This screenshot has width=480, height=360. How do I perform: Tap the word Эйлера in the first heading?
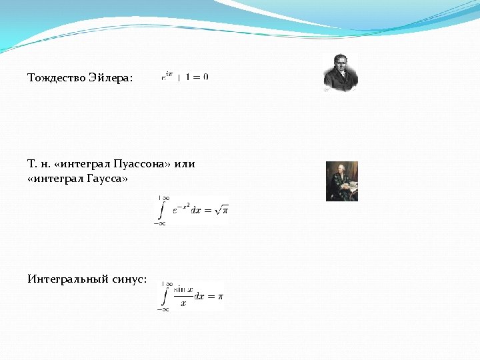click(110, 78)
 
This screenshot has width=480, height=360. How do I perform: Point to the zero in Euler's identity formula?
click(205, 77)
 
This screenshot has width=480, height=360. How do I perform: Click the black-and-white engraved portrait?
click(341, 74)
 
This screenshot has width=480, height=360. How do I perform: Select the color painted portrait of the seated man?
click(342, 181)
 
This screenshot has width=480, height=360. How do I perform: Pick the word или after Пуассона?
click(185, 164)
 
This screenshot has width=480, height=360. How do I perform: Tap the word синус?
click(130, 279)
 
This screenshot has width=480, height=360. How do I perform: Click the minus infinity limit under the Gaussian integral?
click(160, 224)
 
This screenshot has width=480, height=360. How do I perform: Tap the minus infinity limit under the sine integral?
click(163, 309)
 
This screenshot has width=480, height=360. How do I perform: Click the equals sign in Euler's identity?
click(197, 77)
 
